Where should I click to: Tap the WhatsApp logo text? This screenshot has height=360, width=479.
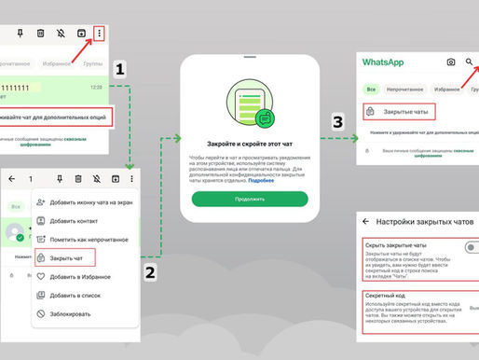[383, 62]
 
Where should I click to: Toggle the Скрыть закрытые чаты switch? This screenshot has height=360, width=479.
[470, 246]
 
